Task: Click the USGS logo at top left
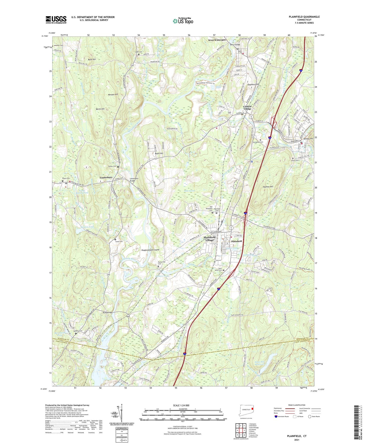point(56,20)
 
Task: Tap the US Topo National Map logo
point(183,21)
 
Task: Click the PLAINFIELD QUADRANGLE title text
point(304,17)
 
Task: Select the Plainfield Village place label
point(210,239)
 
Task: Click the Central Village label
point(247,108)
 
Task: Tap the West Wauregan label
point(217,40)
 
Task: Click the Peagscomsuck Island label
point(150,250)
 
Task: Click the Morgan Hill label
point(113,94)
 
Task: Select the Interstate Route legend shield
point(276,416)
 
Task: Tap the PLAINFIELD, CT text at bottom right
point(296,436)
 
